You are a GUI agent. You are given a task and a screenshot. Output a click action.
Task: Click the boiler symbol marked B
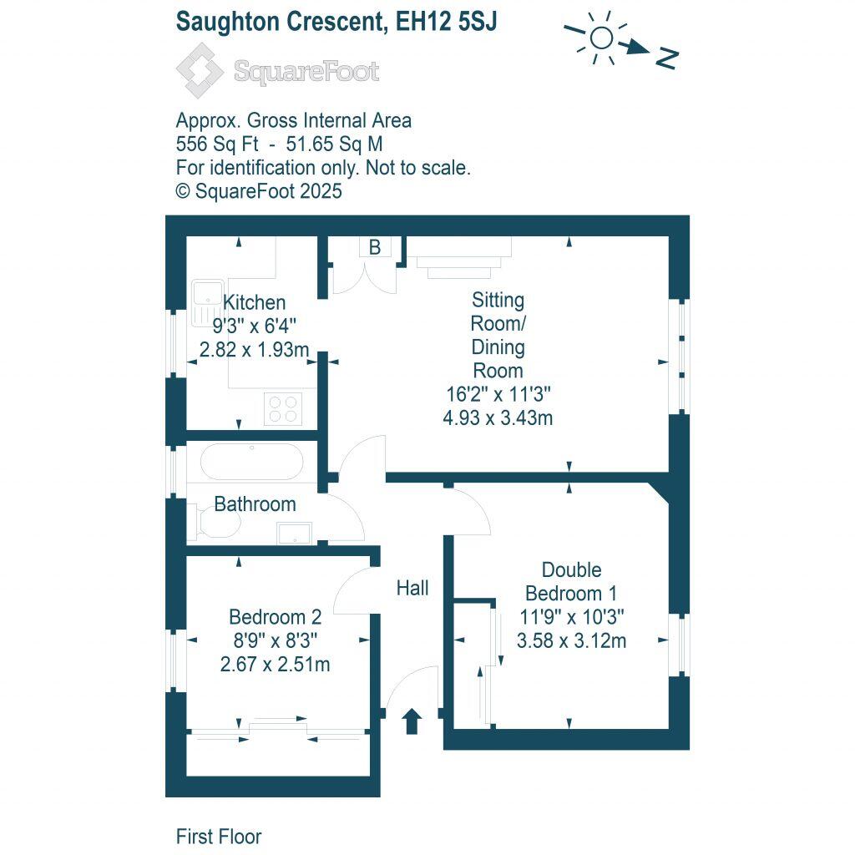(375, 247)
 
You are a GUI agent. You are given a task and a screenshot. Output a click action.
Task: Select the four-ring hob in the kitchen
(282, 408)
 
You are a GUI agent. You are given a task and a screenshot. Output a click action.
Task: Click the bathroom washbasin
(293, 531)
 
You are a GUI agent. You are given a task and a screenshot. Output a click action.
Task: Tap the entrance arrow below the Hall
(411, 720)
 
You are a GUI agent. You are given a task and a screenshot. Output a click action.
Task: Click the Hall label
(412, 589)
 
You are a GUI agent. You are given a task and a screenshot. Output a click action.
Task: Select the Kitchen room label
(255, 302)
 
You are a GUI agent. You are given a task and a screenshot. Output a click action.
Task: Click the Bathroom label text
(255, 504)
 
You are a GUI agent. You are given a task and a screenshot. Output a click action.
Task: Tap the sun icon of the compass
(600, 38)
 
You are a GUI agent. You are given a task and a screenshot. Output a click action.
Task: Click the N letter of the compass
(666, 58)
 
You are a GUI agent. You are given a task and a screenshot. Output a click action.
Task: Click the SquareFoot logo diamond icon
(200, 71)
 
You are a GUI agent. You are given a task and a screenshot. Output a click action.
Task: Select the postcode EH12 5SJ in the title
(447, 22)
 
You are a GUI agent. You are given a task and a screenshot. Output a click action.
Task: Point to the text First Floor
(219, 836)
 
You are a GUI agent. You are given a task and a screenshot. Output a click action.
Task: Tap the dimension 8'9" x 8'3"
(275, 640)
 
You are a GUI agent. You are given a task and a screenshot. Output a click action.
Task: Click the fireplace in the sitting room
(458, 255)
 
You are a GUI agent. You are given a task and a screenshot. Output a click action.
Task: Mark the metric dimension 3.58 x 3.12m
(572, 641)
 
